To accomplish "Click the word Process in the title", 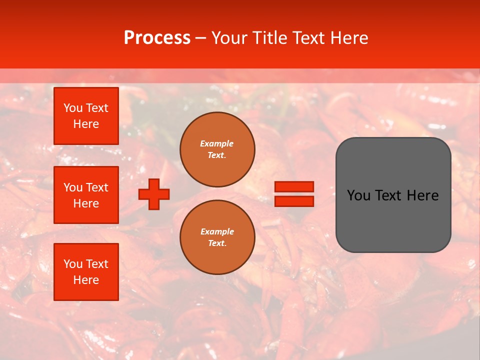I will point(157,38).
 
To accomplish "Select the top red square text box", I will point(86,116).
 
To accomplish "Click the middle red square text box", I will point(86,195).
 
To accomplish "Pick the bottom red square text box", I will point(86,272).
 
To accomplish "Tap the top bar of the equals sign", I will point(294,187).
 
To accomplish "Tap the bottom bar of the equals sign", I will point(294,201).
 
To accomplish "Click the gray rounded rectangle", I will point(393,220).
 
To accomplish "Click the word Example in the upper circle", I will point(217,143).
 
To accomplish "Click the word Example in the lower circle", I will point(217,231).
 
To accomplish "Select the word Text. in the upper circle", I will point(217,155).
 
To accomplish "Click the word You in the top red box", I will point(73,108).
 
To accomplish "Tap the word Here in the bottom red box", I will point(86,280).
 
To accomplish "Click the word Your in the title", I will point(229,38).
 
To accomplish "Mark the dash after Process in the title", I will point(200,38).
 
